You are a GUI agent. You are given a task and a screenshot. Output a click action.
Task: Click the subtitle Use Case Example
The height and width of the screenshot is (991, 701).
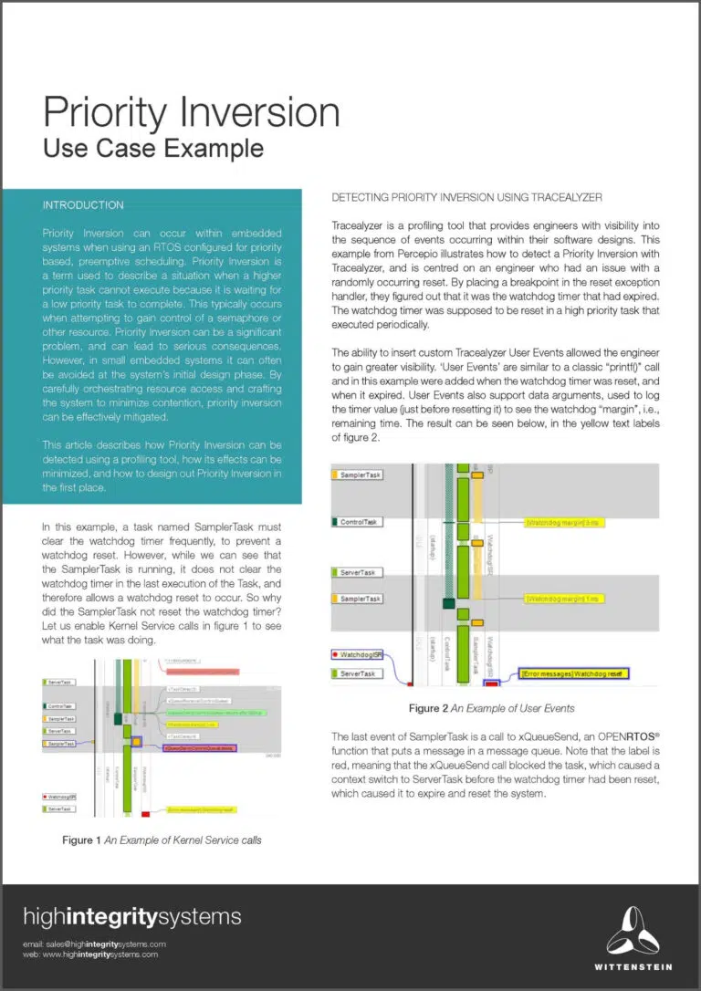click(x=153, y=148)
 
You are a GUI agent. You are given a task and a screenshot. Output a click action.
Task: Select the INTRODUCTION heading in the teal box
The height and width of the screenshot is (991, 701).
click(x=83, y=205)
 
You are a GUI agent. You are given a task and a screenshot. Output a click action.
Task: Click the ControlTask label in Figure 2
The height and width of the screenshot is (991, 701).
click(x=360, y=522)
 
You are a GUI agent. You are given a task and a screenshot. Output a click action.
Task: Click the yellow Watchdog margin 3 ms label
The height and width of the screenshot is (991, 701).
click(x=560, y=523)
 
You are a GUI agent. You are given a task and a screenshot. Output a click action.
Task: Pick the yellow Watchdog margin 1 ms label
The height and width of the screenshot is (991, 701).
click(x=560, y=600)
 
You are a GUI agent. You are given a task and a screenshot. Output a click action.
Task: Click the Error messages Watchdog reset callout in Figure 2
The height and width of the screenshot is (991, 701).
click(x=574, y=673)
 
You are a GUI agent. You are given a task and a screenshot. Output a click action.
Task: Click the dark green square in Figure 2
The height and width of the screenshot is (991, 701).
click(x=448, y=603)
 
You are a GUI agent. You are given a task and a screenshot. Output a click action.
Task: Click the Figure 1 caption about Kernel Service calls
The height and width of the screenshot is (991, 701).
click(x=162, y=840)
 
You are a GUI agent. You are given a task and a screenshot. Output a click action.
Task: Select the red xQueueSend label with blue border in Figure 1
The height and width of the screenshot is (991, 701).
click(x=197, y=747)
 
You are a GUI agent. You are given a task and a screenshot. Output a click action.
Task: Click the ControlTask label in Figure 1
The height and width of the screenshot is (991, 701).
click(x=60, y=706)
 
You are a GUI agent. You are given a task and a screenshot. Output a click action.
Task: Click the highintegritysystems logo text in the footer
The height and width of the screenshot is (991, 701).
click(x=132, y=917)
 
